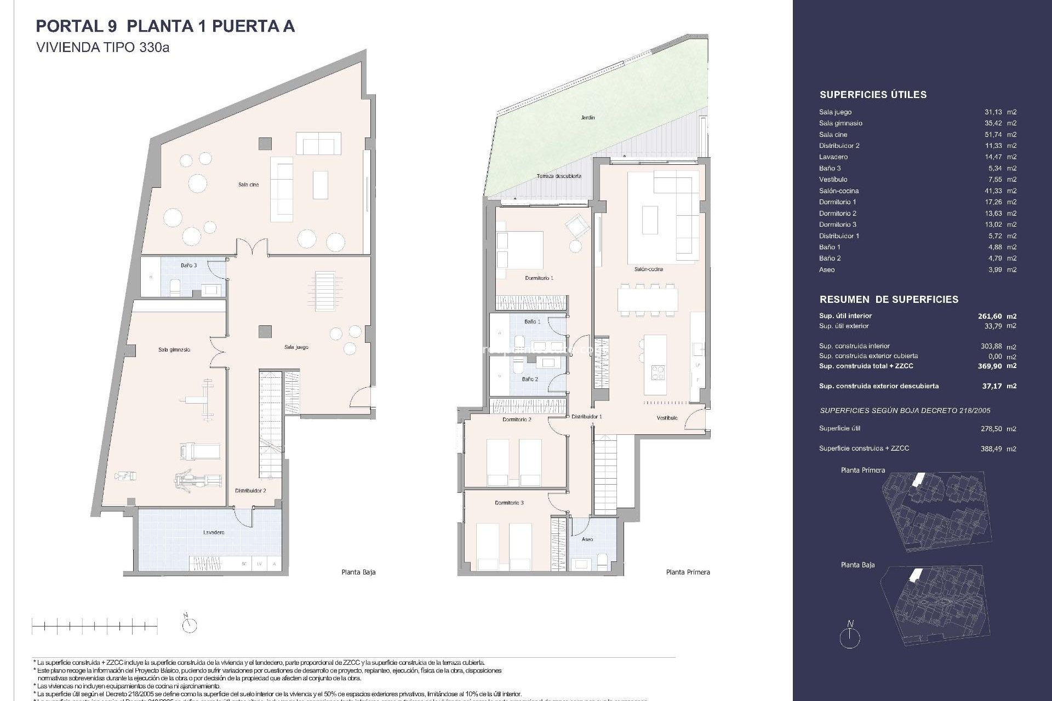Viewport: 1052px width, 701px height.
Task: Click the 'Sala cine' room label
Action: coord(248,185)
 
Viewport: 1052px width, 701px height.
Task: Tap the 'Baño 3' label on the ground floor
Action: coord(188,265)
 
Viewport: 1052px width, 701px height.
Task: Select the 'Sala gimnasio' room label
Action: coord(174,349)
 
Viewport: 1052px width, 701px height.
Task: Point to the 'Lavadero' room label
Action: coord(214,532)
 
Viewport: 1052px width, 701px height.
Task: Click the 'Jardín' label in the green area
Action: coord(588,117)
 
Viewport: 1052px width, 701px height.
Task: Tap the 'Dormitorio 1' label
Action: coord(539,278)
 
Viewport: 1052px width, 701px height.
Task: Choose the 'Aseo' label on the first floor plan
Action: coord(587,539)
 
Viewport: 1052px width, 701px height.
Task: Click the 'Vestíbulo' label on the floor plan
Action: coord(667,418)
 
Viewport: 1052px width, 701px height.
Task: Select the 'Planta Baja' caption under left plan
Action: coord(358,572)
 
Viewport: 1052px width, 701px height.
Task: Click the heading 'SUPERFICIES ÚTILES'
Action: coord(873,95)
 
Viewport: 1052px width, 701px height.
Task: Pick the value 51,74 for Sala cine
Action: coord(993,135)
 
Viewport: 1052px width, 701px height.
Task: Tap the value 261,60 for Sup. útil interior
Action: coord(990,316)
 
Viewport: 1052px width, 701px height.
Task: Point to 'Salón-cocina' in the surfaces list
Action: coord(839,191)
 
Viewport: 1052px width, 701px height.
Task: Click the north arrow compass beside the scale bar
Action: coord(189,624)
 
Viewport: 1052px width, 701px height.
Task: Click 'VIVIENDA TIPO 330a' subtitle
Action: coord(102,48)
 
